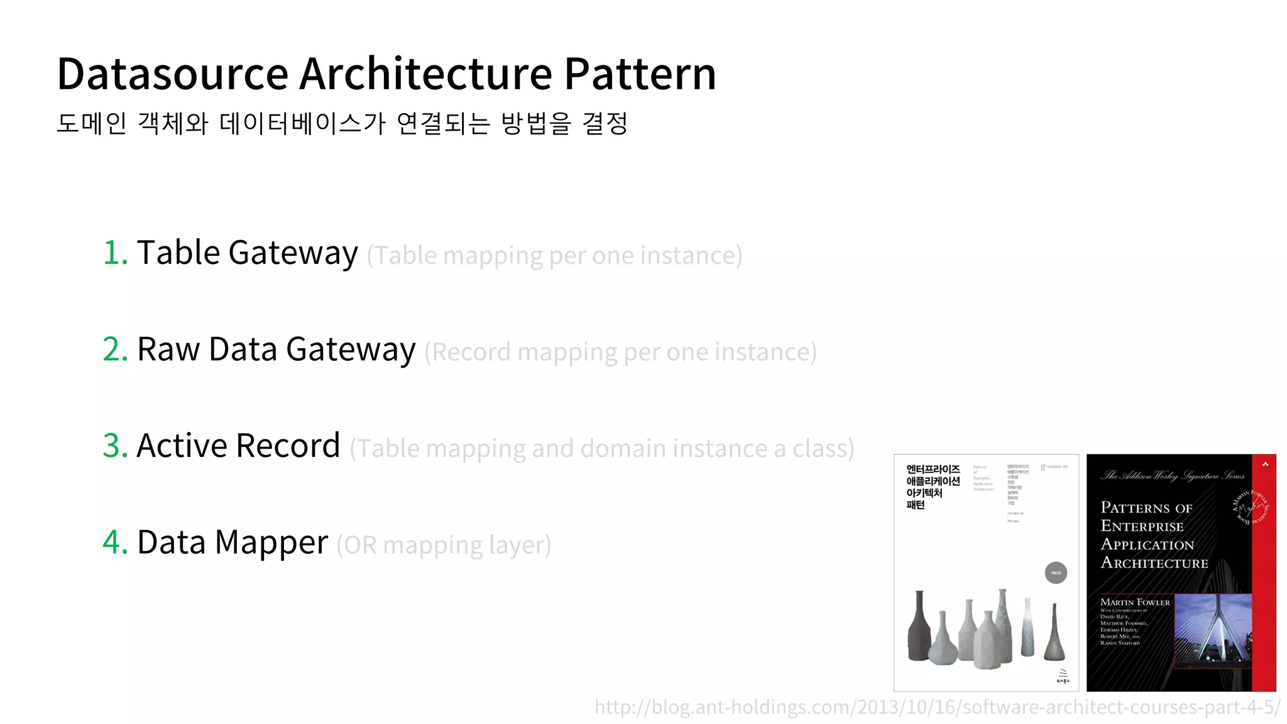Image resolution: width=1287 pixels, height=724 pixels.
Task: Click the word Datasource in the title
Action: [172, 74]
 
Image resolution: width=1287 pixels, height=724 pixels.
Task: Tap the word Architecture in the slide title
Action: [425, 74]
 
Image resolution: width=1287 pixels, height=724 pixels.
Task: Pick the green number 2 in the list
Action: [115, 349]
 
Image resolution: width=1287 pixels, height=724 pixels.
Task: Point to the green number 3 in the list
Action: [115, 446]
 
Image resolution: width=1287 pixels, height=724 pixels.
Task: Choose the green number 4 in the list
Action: [115, 542]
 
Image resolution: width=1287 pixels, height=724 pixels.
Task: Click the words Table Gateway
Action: [247, 253]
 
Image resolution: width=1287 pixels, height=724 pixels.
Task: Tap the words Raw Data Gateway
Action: [276, 350]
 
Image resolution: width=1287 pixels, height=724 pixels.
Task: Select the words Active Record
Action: [238, 446]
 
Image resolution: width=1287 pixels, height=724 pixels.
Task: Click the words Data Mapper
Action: [233, 543]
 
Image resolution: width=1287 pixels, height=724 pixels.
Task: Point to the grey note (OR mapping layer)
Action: [444, 545]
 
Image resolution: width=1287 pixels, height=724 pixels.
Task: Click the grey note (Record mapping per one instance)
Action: [620, 353]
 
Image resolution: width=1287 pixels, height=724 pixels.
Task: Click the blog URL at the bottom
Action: [937, 707]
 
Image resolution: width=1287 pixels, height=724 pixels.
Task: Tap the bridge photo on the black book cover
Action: [1212, 628]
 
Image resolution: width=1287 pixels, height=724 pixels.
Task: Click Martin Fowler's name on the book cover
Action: [1135, 602]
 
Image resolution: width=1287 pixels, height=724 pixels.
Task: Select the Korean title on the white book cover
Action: [933, 486]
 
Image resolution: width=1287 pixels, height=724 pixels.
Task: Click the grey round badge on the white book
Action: [1056, 573]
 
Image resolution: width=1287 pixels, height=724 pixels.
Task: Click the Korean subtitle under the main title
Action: [342, 123]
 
